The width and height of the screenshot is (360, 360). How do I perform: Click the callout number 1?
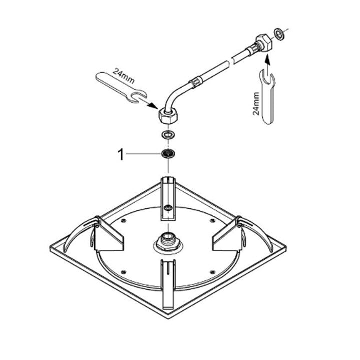[x=121, y=154]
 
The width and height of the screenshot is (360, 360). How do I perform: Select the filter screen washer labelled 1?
[x=168, y=153]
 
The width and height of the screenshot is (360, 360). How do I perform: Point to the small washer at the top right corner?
[x=279, y=34]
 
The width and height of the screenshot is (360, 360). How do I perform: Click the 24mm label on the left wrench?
[x=123, y=76]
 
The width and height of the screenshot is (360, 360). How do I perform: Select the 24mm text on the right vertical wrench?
[x=256, y=104]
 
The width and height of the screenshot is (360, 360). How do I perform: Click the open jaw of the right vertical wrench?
[x=267, y=78]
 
